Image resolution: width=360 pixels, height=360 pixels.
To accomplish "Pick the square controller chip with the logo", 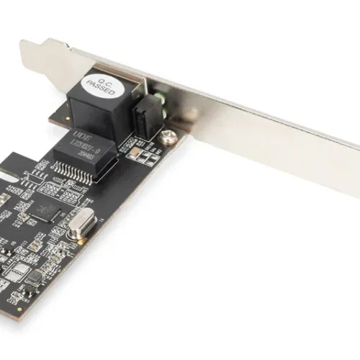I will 48,210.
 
